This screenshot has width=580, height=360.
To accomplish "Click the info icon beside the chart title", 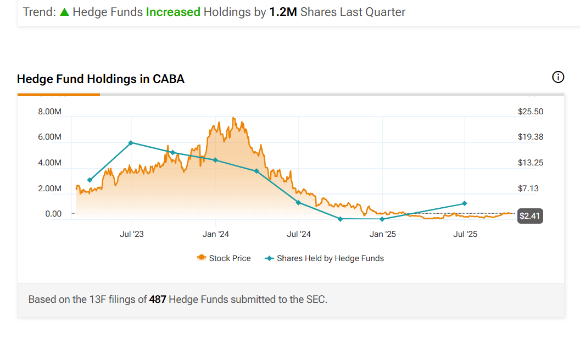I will tap(558, 77).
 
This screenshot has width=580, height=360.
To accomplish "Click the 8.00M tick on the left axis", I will tap(49, 112).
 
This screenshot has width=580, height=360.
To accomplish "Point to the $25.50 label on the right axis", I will tap(531, 112).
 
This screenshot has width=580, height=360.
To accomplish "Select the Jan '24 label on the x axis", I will tap(216, 234).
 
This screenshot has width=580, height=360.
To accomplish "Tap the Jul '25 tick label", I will tap(465, 234).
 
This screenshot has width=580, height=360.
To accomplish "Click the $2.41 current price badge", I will tap(531, 216).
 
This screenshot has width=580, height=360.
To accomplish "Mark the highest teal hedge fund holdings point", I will tap(131, 143).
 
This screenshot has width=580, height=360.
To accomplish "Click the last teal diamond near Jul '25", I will tap(465, 203).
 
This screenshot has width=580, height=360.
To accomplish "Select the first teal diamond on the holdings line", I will tap(90, 180).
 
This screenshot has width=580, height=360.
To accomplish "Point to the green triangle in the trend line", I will tap(64, 12).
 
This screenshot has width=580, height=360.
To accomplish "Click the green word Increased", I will tap(173, 12).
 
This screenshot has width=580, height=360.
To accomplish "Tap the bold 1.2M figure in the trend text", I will tap(283, 12).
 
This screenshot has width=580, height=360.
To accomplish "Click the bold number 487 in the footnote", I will tap(158, 300).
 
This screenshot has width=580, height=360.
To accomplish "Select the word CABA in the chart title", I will tap(169, 79).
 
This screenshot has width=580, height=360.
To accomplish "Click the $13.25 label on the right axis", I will tap(531, 163).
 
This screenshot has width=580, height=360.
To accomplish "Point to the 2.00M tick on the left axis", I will tap(49, 189).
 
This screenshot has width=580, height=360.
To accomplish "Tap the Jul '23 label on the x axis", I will tap(132, 234).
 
